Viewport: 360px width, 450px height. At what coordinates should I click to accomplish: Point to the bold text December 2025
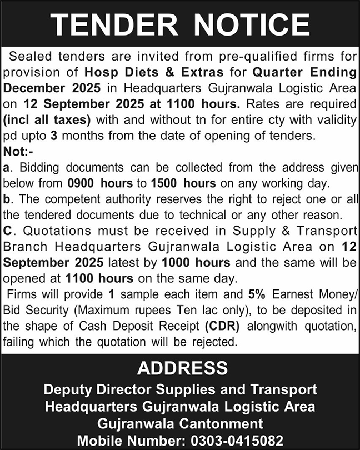click(53, 88)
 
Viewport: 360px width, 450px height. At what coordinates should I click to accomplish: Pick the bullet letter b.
click(7, 199)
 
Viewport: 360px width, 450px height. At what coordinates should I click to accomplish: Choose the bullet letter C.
click(8, 231)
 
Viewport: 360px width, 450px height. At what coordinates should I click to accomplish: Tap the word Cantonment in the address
click(217, 423)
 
